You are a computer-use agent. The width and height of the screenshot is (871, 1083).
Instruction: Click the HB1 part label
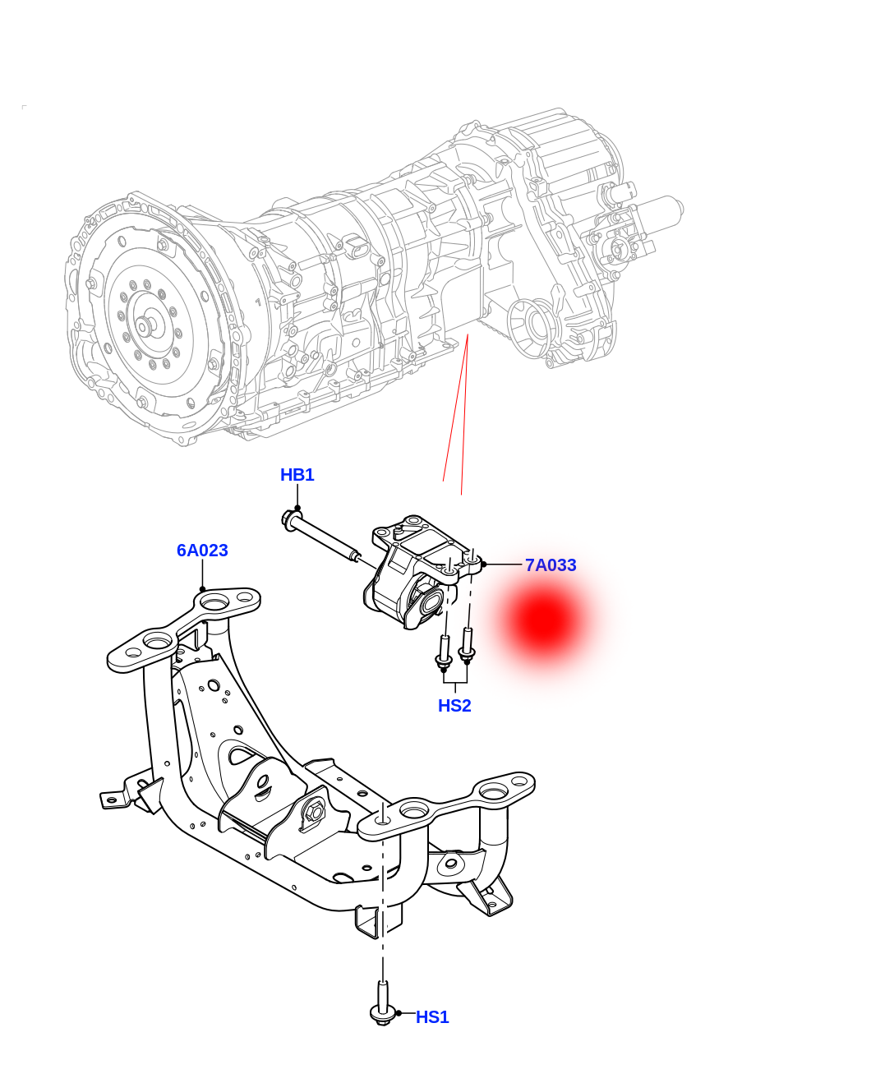click(x=297, y=475)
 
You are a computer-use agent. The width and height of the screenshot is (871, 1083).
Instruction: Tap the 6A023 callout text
click(x=202, y=550)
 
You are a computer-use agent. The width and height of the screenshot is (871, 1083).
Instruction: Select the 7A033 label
click(x=551, y=565)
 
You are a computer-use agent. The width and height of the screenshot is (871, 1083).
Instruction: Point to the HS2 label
click(x=454, y=706)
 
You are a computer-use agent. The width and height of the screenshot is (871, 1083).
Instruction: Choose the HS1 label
click(x=432, y=1017)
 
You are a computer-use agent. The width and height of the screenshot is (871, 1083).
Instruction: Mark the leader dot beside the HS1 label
click(x=399, y=1013)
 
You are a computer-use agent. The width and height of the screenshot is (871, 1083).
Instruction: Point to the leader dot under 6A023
click(x=202, y=589)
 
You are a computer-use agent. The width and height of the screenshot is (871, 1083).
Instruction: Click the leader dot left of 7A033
click(x=484, y=565)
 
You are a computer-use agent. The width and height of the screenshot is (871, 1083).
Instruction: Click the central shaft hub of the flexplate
click(x=143, y=328)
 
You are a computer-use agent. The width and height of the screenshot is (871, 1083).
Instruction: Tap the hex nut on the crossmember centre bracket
click(x=312, y=811)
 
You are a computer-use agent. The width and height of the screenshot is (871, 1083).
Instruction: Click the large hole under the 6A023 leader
click(x=214, y=601)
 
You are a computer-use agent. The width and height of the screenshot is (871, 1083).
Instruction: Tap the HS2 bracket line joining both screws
click(x=455, y=682)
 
